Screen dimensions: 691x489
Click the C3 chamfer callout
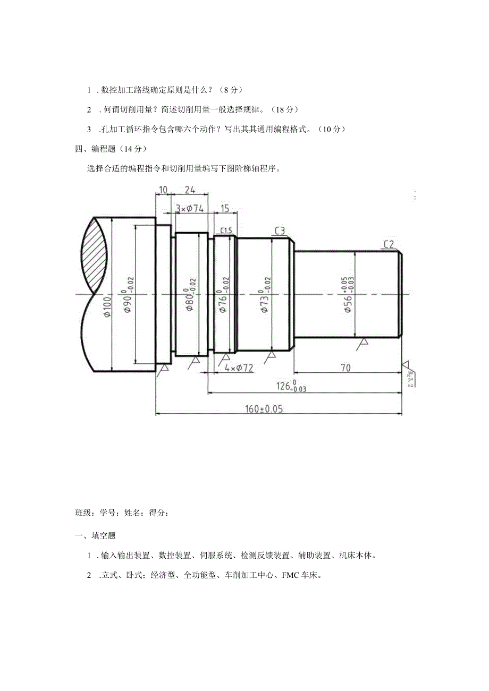(x=280, y=230)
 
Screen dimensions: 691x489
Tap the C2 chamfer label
(x=389, y=244)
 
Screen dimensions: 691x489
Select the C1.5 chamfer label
(x=226, y=230)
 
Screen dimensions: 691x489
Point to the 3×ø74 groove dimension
(x=189, y=208)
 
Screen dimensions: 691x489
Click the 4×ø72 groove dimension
(x=239, y=368)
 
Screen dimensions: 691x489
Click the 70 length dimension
(x=345, y=368)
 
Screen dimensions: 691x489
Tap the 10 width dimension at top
(x=163, y=190)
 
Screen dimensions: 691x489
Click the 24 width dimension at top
(x=189, y=190)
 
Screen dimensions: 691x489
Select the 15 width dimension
(x=225, y=208)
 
